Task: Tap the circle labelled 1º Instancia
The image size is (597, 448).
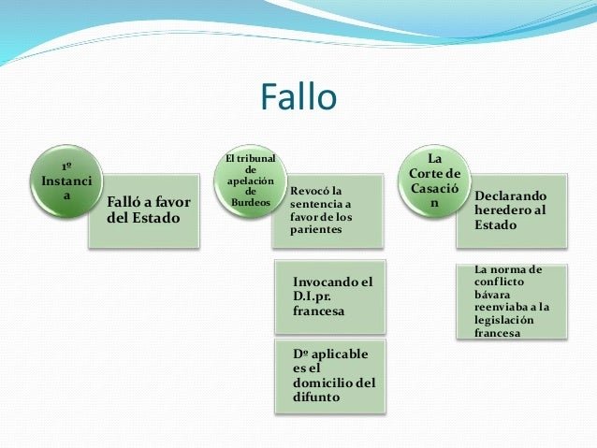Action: [65, 178]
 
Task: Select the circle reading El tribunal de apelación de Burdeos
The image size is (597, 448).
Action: [249, 178]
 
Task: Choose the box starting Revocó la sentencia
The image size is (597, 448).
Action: [328, 210]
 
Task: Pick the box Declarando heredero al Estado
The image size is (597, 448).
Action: [512, 210]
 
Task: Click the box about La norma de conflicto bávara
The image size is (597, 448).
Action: [512, 303]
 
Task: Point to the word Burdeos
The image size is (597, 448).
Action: [250, 200]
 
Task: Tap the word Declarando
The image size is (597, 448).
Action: [510, 196]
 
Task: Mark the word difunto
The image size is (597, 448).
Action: [315, 397]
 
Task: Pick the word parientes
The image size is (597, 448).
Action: [315, 230]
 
